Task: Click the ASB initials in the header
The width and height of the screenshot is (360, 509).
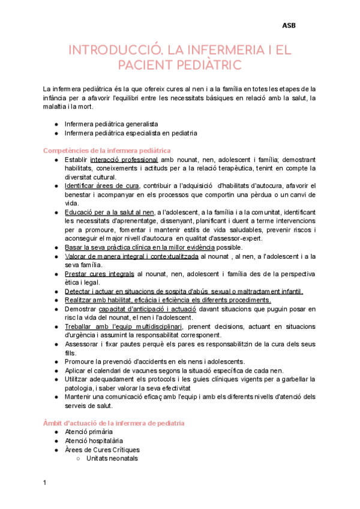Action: pos(289,25)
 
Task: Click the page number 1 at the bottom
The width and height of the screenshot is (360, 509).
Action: pos(45,482)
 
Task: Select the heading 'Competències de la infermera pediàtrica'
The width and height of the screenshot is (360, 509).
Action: pos(107,150)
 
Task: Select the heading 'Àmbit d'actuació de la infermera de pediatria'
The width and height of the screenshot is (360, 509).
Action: pos(114,423)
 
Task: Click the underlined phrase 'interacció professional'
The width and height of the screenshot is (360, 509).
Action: pos(124,160)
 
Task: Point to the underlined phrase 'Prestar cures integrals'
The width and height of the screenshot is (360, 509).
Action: pos(99,274)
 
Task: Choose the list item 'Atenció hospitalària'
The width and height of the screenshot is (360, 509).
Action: pos(93,441)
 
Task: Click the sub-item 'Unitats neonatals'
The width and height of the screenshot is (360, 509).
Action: pos(112,458)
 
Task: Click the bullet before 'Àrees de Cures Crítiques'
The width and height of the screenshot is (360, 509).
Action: pos(56,450)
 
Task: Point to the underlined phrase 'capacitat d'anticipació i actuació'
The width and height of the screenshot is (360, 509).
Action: pos(151,309)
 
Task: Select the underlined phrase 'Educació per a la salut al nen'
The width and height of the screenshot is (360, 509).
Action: pos(109,212)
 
